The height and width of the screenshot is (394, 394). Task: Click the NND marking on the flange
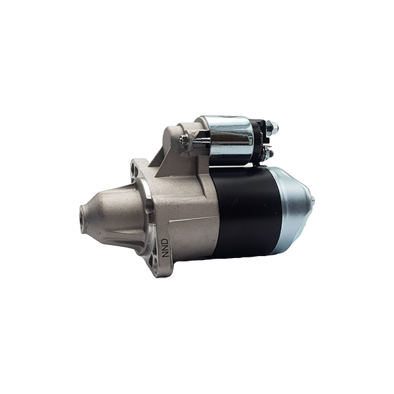[165, 248]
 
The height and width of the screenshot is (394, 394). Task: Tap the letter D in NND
[165, 241]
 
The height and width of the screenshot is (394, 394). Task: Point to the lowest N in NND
[165, 255]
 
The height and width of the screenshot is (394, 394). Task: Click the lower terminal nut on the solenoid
[269, 152]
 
